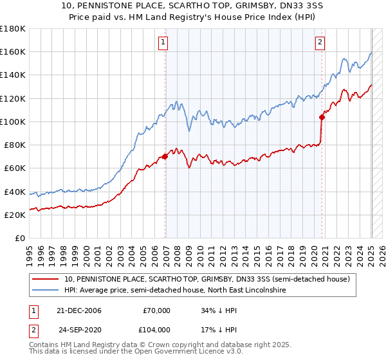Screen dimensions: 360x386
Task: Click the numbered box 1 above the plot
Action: (x=163, y=43)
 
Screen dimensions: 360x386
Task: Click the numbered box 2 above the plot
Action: (x=320, y=43)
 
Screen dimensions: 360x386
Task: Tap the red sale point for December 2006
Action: (x=165, y=156)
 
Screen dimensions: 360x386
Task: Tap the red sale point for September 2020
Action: (x=322, y=116)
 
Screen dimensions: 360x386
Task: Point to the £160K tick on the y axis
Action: (x=13, y=51)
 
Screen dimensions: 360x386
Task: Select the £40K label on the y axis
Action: (x=15, y=192)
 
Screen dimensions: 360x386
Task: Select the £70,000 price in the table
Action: (x=157, y=310)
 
